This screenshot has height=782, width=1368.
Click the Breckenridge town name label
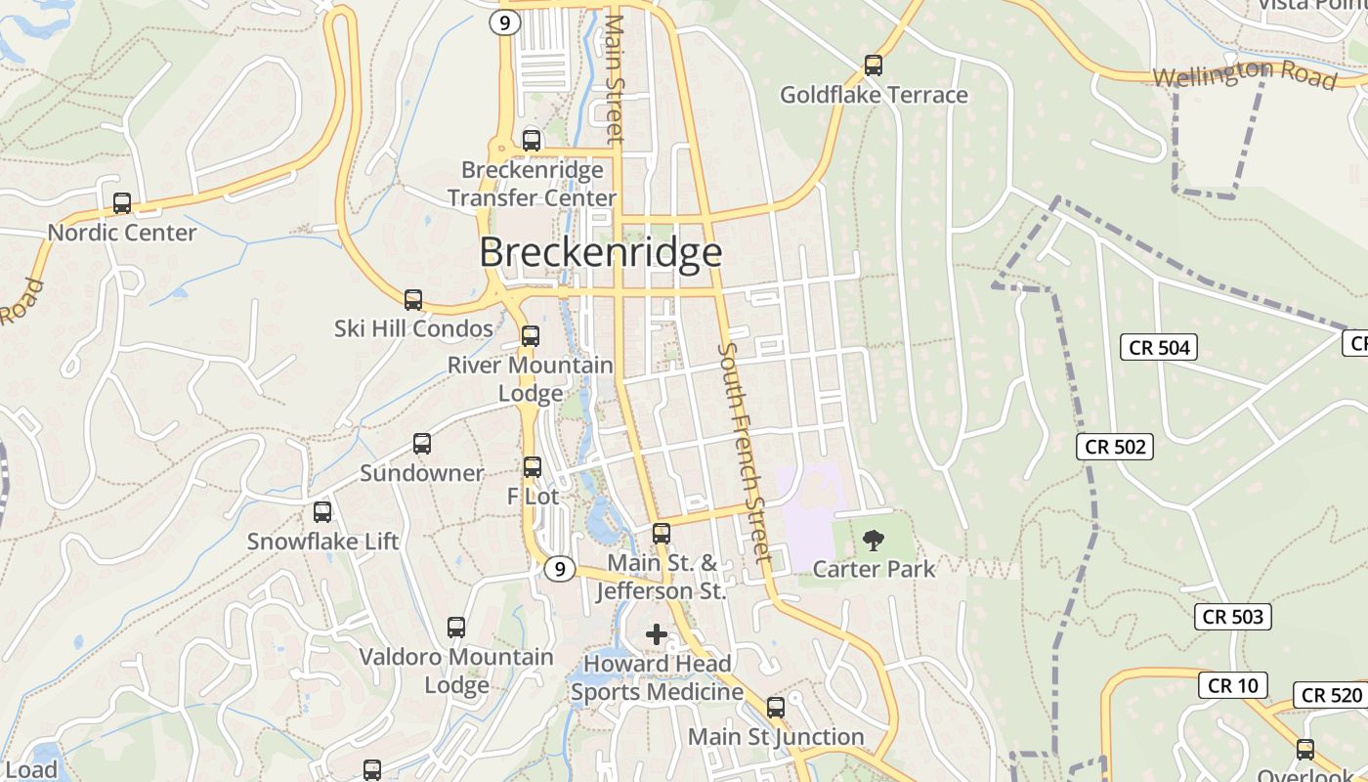click(601, 253)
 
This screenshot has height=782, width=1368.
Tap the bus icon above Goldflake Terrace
click(874, 65)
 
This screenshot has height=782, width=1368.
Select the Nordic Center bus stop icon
click(122, 203)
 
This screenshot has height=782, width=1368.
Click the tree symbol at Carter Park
click(874, 540)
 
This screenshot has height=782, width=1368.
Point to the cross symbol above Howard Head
click(657, 634)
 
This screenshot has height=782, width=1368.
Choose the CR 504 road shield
click(1160, 347)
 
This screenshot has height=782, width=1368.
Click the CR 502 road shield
click(1117, 447)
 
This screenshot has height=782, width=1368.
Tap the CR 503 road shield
click(1233, 617)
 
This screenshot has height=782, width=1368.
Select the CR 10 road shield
click(1233, 685)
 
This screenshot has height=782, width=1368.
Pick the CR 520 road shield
click(1332, 695)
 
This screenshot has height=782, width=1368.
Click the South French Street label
click(745, 453)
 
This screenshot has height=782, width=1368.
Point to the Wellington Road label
click(1244, 74)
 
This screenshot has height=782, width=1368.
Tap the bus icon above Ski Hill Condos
click(413, 300)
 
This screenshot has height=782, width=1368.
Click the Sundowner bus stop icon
click(422, 444)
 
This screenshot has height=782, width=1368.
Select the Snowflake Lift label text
click(322, 542)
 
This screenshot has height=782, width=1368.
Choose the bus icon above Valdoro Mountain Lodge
click(456, 628)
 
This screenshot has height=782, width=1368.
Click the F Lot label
click(533, 497)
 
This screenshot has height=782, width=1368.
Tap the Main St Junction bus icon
click(776, 707)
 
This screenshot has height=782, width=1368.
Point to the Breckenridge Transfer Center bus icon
click(532, 141)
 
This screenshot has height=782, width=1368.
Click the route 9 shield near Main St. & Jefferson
click(559, 569)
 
